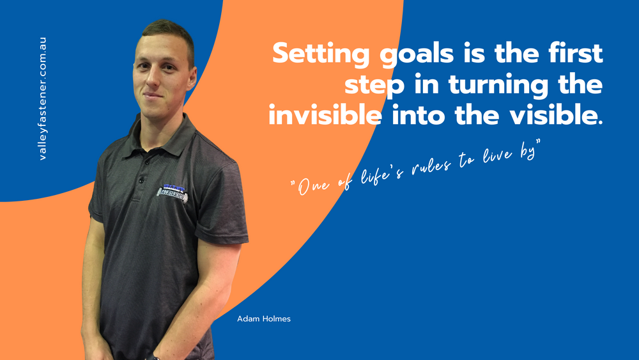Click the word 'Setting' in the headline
click(321, 54)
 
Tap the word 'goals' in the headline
click(417, 54)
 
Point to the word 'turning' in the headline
click(498, 85)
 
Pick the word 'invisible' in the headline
click(325, 115)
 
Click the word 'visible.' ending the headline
click(557, 115)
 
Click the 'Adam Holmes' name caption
click(264, 319)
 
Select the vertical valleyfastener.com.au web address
click(42, 98)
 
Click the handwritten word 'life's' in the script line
click(381, 175)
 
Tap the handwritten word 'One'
click(313, 186)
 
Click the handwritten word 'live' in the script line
click(497, 154)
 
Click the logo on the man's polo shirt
click(173, 193)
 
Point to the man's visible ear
click(191, 78)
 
